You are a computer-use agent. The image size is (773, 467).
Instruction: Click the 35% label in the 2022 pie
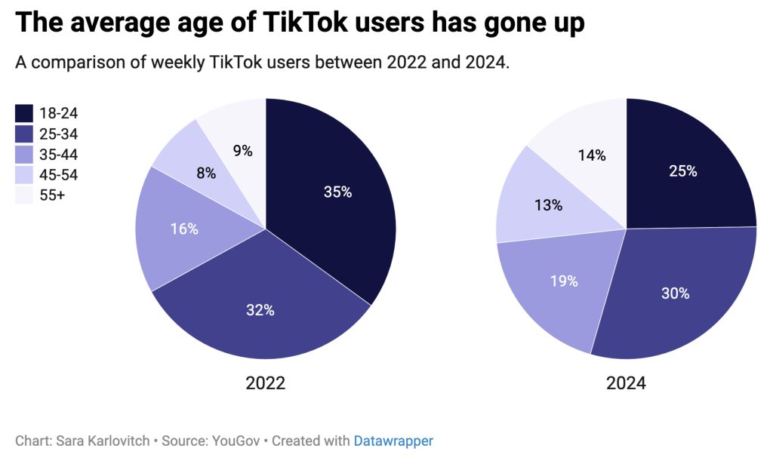coord(337,192)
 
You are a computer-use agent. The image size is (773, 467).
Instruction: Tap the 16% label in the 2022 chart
coord(184,229)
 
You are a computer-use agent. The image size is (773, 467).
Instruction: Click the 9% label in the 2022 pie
coord(243,151)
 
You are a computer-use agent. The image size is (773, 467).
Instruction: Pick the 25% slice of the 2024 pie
coord(682,171)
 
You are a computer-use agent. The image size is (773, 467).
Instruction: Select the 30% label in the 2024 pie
coord(675,293)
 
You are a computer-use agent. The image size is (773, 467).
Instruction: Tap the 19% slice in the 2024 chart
coord(563,281)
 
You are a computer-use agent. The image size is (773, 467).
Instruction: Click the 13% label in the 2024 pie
coord(548,205)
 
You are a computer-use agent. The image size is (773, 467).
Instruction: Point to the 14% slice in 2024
coord(592,155)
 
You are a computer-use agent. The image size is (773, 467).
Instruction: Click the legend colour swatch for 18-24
coord(24,114)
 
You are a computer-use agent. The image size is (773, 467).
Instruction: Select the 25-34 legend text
coord(59,134)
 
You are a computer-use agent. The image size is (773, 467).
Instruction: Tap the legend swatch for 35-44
coord(24,155)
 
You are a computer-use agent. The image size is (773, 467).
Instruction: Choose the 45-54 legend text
coord(59,176)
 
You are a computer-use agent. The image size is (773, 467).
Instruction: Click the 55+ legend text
coord(53,196)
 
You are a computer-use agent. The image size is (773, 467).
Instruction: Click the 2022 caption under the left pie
coord(265,383)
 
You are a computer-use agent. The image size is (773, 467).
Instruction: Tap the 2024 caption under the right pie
coord(626,383)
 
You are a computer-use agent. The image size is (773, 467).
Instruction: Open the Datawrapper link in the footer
coord(393,441)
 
